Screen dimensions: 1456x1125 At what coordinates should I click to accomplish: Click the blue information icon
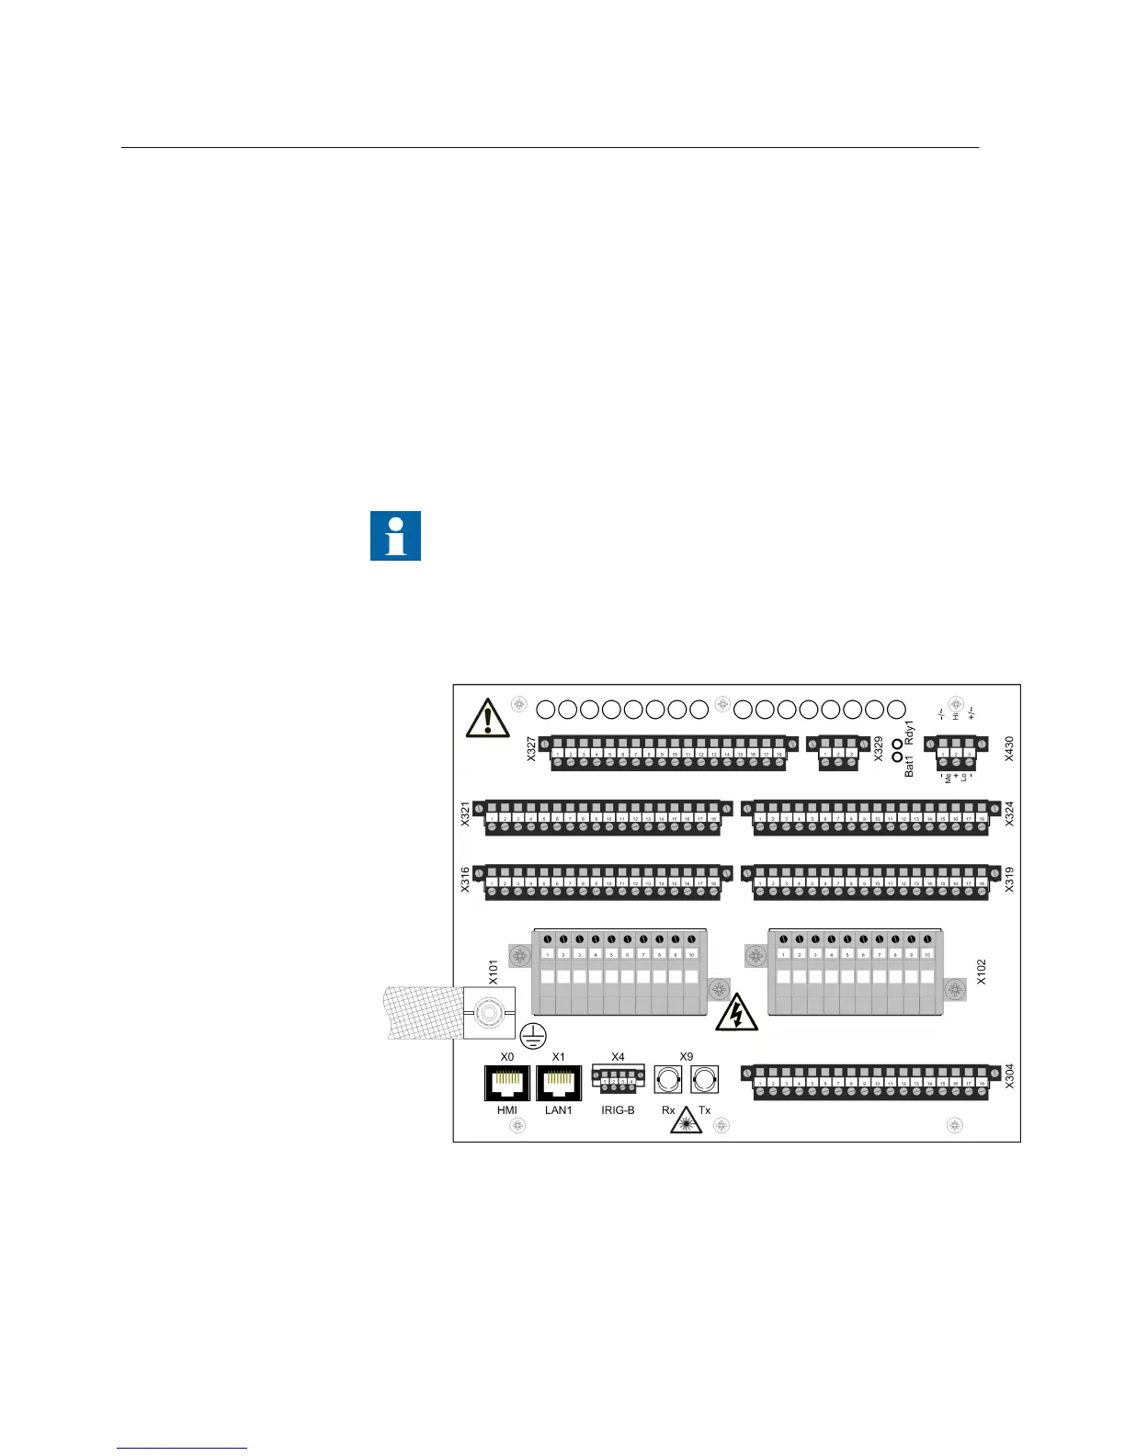click(x=395, y=536)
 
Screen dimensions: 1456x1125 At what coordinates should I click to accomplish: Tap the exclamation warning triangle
click(x=487, y=718)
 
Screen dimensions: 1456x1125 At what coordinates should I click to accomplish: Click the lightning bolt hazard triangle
click(x=736, y=1014)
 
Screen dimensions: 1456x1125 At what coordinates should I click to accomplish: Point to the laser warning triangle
click(x=686, y=1121)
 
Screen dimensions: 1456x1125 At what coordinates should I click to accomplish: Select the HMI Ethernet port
click(x=507, y=1083)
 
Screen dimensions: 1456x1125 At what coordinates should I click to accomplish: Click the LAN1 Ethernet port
click(x=559, y=1083)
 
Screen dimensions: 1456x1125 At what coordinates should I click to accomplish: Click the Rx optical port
click(x=667, y=1079)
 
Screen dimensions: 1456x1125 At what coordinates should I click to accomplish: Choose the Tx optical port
click(x=704, y=1079)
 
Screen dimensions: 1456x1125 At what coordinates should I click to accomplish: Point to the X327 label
click(x=531, y=747)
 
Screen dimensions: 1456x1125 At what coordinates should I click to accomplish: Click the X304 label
click(x=1009, y=1075)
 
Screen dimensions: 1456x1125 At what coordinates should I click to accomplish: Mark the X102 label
click(x=981, y=973)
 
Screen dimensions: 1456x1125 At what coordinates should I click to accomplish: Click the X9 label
click(x=686, y=1057)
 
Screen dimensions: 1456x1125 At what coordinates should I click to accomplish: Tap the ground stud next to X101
click(x=489, y=1014)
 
